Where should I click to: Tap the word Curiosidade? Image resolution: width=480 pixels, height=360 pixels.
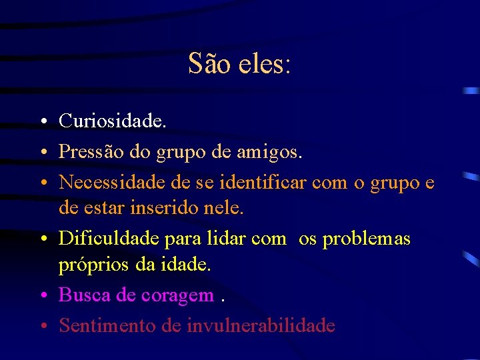[113, 121]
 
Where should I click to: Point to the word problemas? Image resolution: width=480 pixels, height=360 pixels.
[367, 238]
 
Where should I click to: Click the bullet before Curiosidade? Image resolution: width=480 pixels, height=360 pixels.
[42, 122]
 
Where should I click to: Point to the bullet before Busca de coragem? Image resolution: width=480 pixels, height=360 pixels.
[42, 296]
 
